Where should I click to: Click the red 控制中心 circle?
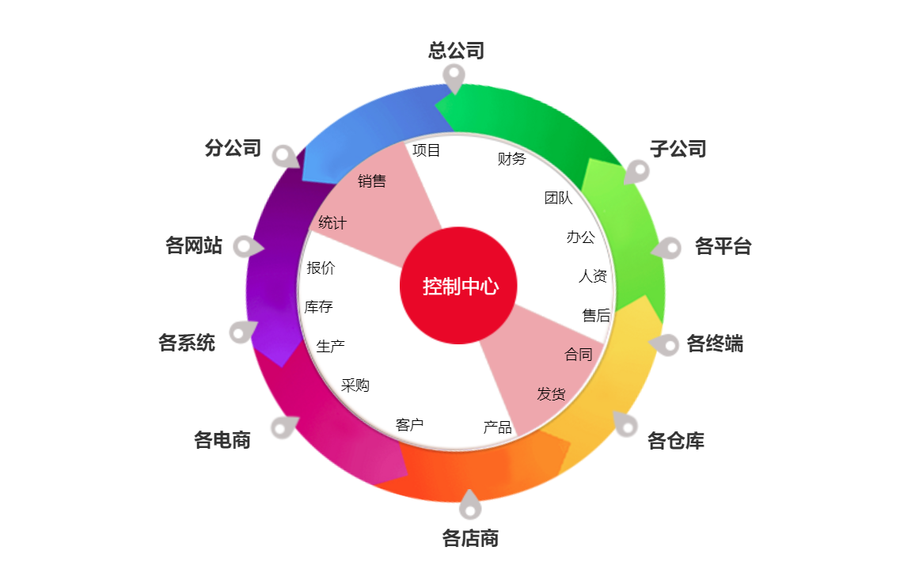tap(458, 286)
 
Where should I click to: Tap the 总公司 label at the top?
tap(456, 51)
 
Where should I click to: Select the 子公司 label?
tap(678, 149)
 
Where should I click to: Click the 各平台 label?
tap(723, 246)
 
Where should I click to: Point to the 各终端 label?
tap(716, 344)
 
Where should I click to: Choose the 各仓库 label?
tap(676, 440)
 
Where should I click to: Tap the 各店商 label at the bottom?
tap(470, 538)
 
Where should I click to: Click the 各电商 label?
tap(222, 440)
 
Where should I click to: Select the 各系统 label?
tap(187, 343)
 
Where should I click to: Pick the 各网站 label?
tap(193, 245)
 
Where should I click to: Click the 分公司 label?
tap(233, 148)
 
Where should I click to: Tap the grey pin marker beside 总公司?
tap(454, 78)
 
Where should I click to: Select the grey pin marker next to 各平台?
tap(666, 249)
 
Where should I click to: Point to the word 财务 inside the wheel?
tap(511, 158)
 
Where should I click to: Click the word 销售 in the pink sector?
tap(372, 180)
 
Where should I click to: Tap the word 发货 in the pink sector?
tap(551, 394)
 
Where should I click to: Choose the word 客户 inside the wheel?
tap(409, 425)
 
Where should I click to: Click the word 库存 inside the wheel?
tap(318, 306)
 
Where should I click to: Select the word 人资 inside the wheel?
tap(593, 276)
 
